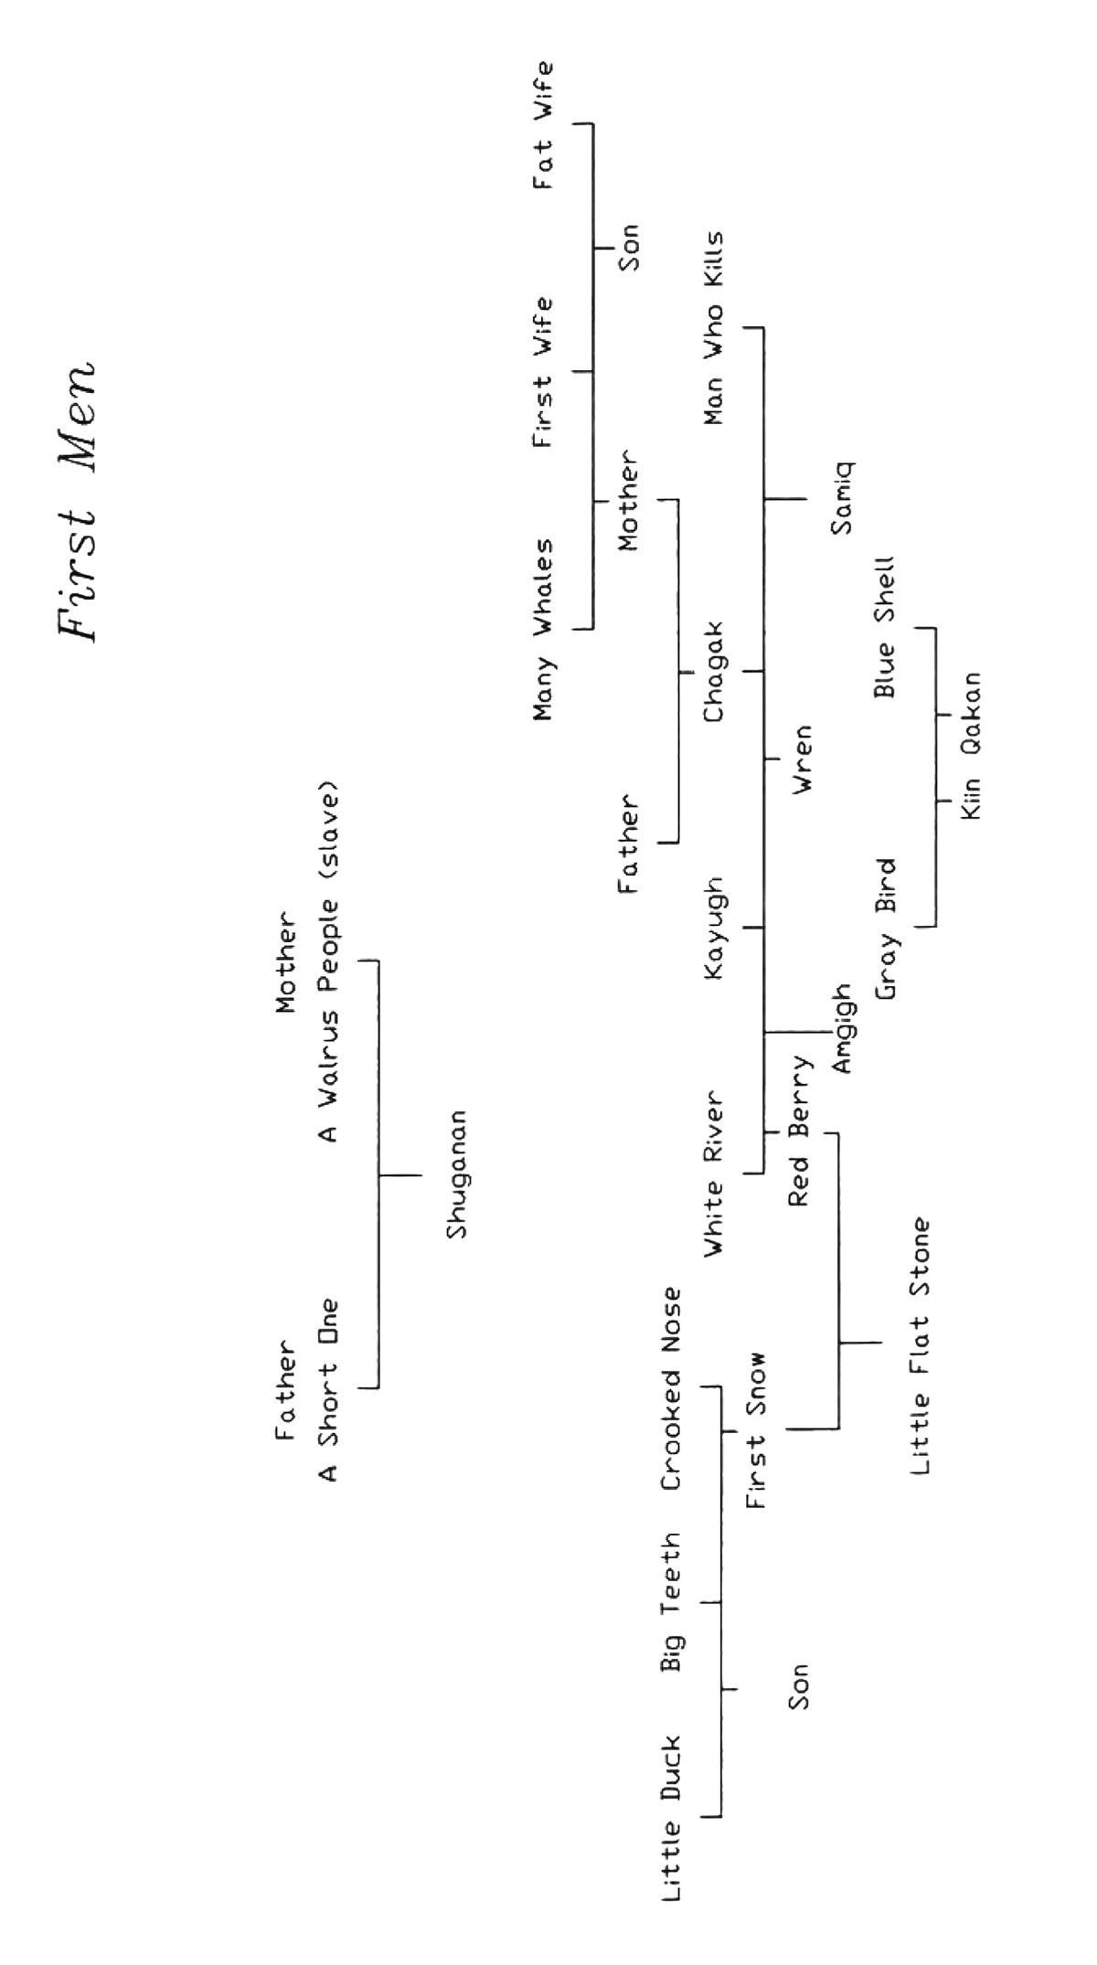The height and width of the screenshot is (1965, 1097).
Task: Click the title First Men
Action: coord(78,499)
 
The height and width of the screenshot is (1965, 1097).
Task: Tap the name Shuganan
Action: coord(456,1174)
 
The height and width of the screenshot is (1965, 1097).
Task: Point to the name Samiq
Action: coord(840,498)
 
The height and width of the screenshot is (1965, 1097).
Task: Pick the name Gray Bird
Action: coord(884,929)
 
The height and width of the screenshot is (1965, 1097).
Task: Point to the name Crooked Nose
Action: coord(671,1388)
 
